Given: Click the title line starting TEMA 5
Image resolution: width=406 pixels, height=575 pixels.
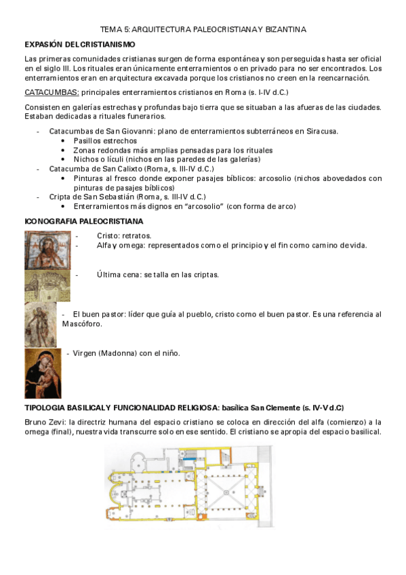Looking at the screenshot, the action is pyautogui.click(x=203, y=30).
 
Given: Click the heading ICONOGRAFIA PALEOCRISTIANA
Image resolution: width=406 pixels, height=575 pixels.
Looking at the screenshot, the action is pyautogui.click(x=83, y=222).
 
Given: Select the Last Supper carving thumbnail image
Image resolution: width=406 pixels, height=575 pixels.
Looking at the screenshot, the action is pyautogui.click(x=47, y=285).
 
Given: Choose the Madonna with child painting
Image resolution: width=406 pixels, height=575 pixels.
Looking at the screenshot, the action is pyautogui.click(x=43, y=374).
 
